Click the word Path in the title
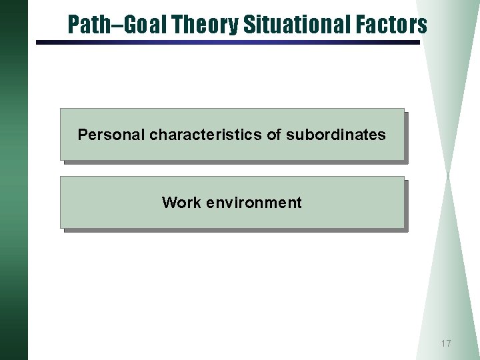(85, 25)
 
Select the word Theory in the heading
(205, 25)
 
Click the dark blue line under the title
(227, 43)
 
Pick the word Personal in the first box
(111, 135)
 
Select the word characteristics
(206, 135)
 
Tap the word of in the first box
(274, 135)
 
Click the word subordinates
(335, 135)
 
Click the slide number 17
(445, 344)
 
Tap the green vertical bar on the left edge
(13, 180)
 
